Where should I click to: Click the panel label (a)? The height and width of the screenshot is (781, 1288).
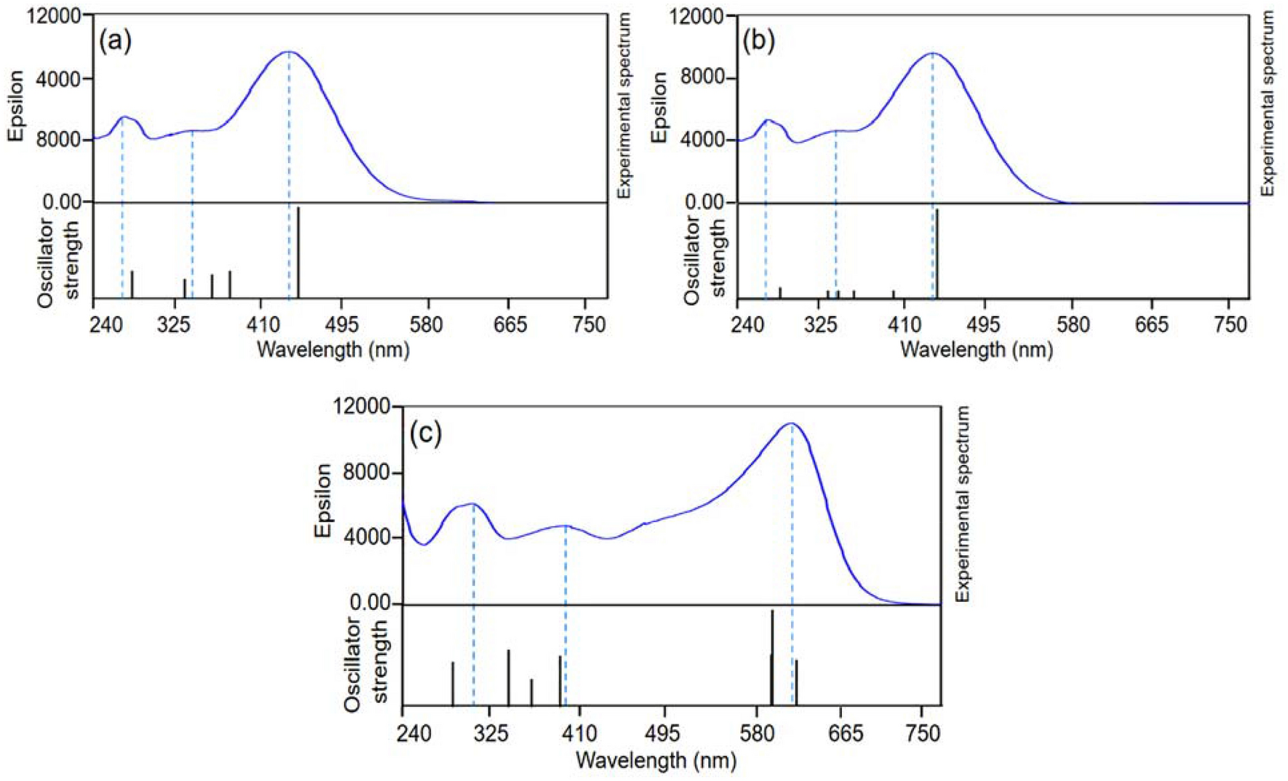pyautogui.click(x=116, y=41)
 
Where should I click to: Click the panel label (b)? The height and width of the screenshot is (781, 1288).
pyautogui.click(x=758, y=41)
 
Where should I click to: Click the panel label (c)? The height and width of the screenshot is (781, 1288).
pyautogui.click(x=426, y=434)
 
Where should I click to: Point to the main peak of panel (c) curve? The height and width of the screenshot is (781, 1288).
pyautogui.click(x=792, y=424)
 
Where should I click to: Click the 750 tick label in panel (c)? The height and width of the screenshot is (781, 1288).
pyautogui.click(x=923, y=733)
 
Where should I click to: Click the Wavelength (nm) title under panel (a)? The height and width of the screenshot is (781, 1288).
pyautogui.click(x=333, y=350)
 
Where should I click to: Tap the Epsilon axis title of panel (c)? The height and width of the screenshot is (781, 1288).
pyautogui.click(x=323, y=501)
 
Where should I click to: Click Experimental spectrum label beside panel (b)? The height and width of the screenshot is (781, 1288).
pyautogui.click(x=1267, y=103)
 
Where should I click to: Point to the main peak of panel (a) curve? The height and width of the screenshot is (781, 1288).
pyautogui.click(x=289, y=52)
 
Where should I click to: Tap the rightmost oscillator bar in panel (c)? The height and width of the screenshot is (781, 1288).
pyautogui.click(x=797, y=682)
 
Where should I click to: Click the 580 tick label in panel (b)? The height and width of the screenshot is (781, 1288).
pyautogui.click(x=1073, y=325)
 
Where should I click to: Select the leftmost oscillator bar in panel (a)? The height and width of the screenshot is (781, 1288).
pyautogui.click(x=132, y=284)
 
